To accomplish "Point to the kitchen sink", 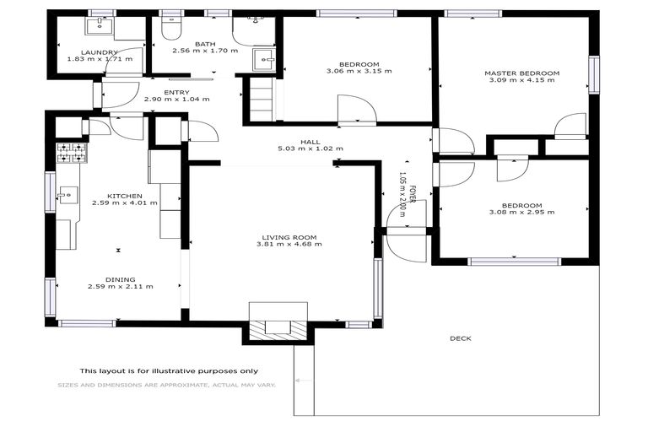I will coord(65,196).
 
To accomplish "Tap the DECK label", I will coord(460,338).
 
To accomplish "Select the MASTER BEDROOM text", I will coord(521,73).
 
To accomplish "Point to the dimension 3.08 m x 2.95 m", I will coord(521,213).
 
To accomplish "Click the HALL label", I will coord(310,141).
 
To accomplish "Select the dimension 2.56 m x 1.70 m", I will coord(205,51).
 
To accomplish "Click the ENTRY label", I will coord(176,92).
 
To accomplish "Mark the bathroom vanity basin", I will coord(264,58).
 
